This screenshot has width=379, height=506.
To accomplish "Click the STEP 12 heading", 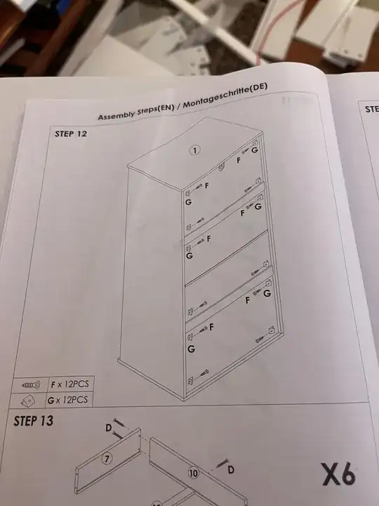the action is coord(71,134).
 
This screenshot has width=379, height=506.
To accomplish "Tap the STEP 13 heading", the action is coord(33,421).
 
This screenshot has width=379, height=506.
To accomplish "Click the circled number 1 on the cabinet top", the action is coord(194,150).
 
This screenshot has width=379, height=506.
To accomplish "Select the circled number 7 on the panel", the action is coord(107,458).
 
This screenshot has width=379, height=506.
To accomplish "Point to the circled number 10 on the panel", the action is coord(193,473).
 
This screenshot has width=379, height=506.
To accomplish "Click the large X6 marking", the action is coord(339,474).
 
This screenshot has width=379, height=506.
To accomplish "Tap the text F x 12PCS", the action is coord(69,384).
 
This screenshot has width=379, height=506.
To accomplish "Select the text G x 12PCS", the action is coord(67,400).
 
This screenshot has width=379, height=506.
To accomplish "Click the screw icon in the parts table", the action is coord(31,385).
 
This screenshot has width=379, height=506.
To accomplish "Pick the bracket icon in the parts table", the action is coord(27,401).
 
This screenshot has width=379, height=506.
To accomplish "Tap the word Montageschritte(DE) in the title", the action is coord(225,96).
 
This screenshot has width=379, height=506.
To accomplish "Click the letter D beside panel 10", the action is coord(231,469).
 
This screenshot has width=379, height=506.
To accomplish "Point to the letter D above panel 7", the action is coord(109,428).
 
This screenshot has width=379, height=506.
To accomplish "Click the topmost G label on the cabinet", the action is coord(255,150).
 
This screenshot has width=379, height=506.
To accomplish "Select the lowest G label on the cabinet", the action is coord(191,349).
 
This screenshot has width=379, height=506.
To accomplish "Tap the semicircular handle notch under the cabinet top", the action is coord(221,167).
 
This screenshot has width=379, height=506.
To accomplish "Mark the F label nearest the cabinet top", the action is coord(239,160).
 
